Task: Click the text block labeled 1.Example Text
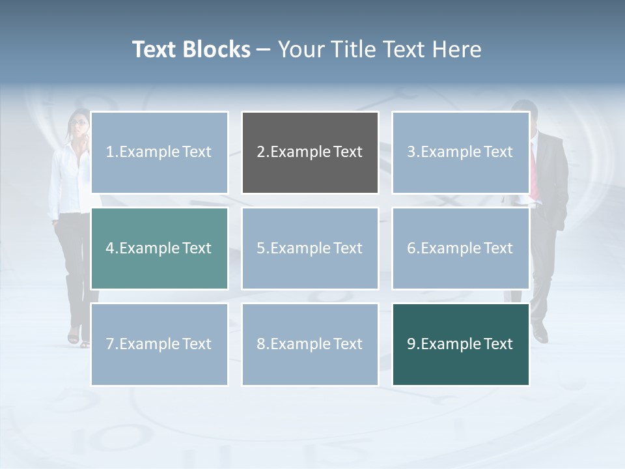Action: tap(159, 152)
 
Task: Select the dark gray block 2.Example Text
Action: tap(310, 152)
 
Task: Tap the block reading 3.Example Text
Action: tap(460, 152)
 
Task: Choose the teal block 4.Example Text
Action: tap(159, 248)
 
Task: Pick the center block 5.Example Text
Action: tap(310, 248)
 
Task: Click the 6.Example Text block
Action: tap(460, 248)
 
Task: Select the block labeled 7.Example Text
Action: tap(159, 344)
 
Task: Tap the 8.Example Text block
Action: tap(310, 344)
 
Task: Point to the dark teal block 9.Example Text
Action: tap(460, 344)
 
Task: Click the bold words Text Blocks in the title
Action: tap(191, 50)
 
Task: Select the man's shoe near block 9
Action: tap(540, 335)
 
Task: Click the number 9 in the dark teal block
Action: tap(411, 344)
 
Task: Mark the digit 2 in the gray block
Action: tap(261, 152)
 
